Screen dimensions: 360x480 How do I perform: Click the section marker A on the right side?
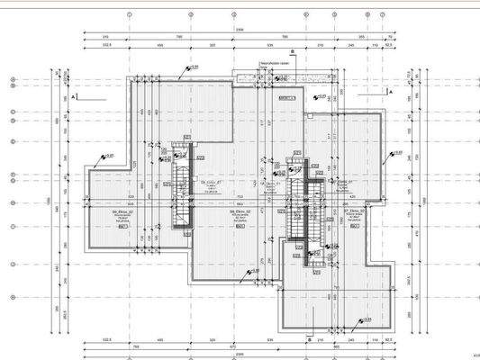392,92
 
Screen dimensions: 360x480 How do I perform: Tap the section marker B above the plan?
293,52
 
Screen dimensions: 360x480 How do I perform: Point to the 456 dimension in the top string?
159,43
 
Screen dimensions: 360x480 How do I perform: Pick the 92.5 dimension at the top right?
388,43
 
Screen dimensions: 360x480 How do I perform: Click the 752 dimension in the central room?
240,196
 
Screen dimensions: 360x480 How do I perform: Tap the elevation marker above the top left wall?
190,67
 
